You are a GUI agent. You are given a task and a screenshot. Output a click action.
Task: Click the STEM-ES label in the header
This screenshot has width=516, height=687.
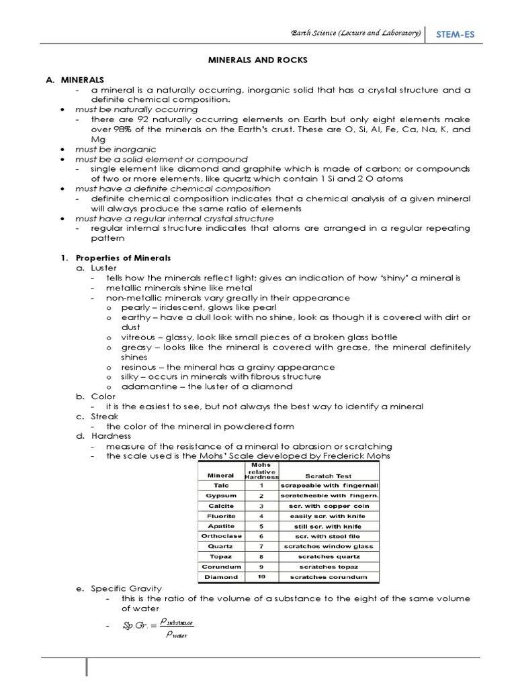click(x=456, y=34)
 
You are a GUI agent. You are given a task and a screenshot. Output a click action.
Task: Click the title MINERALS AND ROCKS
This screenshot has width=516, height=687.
click(x=258, y=60)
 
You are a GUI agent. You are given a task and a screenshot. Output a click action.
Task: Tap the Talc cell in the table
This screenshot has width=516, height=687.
click(x=221, y=484)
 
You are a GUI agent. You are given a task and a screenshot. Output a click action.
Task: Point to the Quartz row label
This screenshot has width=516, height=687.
click(x=221, y=546)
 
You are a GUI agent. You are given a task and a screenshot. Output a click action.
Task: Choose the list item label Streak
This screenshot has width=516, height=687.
click(x=104, y=417)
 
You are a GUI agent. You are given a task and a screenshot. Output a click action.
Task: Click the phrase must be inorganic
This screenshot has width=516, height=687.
click(x=116, y=149)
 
